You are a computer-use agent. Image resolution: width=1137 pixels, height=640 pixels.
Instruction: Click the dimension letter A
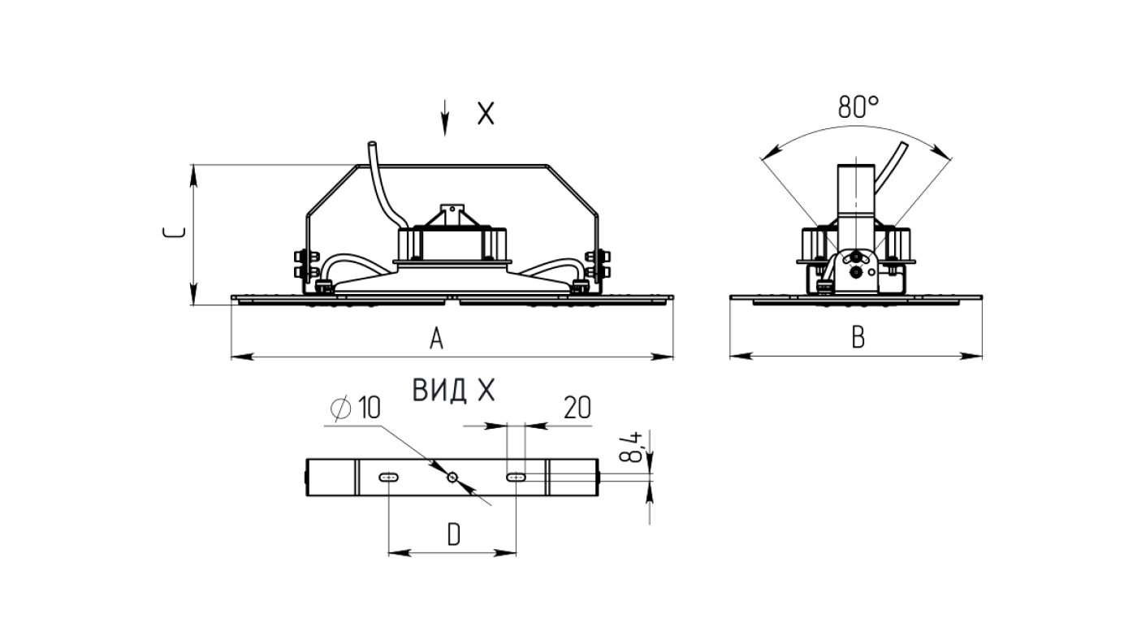[x=436, y=339]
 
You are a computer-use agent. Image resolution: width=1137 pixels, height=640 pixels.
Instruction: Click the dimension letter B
[x=858, y=337]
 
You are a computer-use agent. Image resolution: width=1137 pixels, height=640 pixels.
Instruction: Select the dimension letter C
[x=174, y=233]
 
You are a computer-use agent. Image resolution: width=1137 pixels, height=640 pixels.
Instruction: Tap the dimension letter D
[x=453, y=534]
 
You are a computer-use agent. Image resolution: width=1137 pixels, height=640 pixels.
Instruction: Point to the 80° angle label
[x=858, y=106]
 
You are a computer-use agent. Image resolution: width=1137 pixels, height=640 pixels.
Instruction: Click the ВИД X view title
[x=453, y=391]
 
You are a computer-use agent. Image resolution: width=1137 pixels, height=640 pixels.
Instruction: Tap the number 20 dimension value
[x=577, y=408]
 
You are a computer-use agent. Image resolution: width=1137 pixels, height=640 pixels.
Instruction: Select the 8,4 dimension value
[x=632, y=447]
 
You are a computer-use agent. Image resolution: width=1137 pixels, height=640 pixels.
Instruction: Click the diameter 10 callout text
[x=356, y=408]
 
